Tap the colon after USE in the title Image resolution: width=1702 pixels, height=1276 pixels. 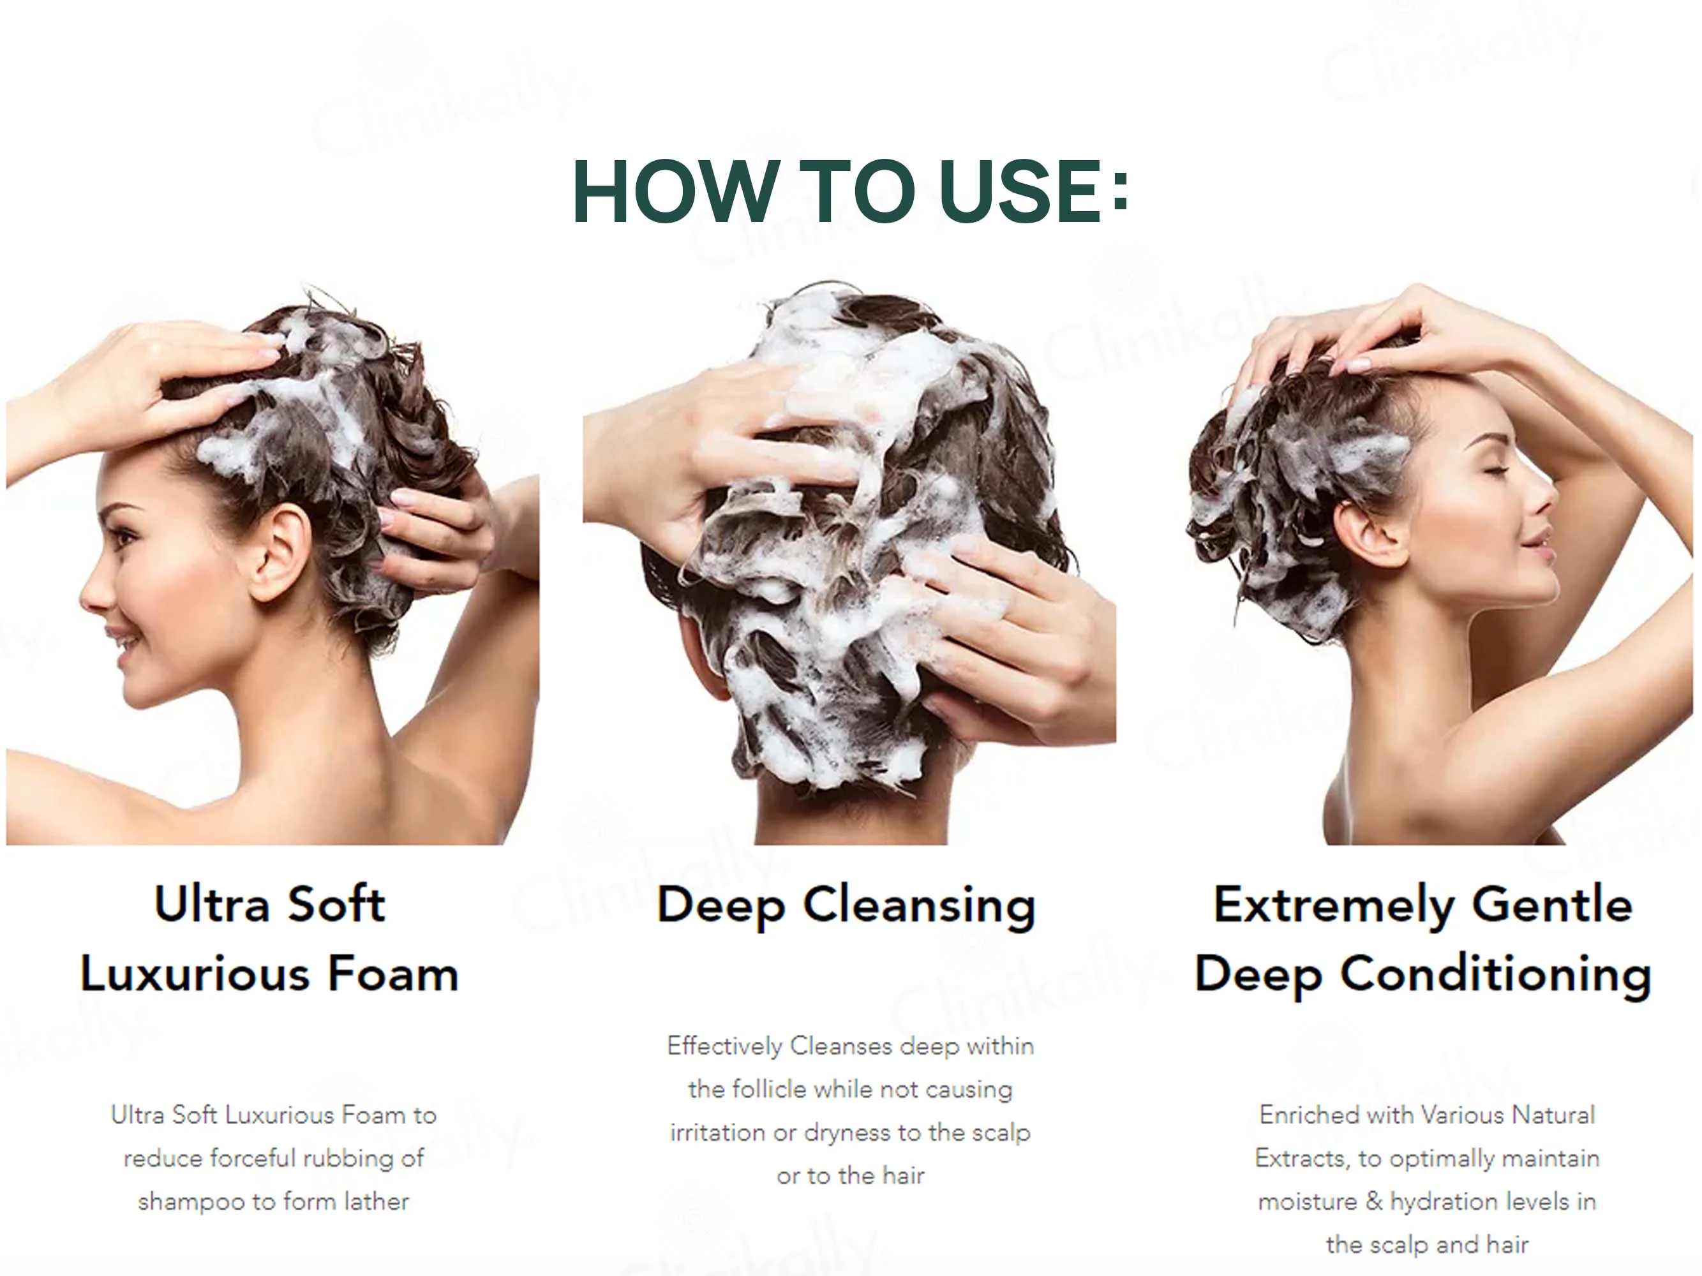[1119, 192]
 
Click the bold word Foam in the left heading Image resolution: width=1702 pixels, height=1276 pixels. [393, 974]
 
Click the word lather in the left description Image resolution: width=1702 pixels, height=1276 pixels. [377, 1201]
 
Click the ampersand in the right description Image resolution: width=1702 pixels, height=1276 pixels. [1374, 1201]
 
